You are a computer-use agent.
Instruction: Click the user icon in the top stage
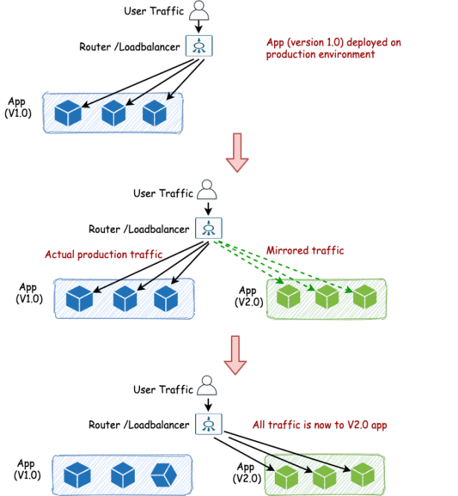point(199,10)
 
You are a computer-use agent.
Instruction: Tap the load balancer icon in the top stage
point(199,47)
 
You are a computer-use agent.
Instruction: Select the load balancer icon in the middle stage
point(209,228)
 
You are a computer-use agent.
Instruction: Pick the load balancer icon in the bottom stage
point(209,424)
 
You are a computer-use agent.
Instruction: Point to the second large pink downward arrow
point(236,355)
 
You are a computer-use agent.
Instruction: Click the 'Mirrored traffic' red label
point(305,251)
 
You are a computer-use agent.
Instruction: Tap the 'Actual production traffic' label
point(103,254)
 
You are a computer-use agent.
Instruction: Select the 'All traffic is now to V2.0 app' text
point(320,425)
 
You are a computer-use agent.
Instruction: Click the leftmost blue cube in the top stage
point(69,113)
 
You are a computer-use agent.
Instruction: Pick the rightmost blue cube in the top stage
point(154,113)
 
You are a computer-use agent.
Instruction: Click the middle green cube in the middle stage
point(327,297)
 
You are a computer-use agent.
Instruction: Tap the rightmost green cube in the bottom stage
point(363,474)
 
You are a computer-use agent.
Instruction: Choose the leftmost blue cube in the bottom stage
point(77,474)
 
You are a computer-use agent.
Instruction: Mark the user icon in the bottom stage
point(207,388)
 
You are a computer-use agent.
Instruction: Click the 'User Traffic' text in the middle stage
point(163,193)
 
